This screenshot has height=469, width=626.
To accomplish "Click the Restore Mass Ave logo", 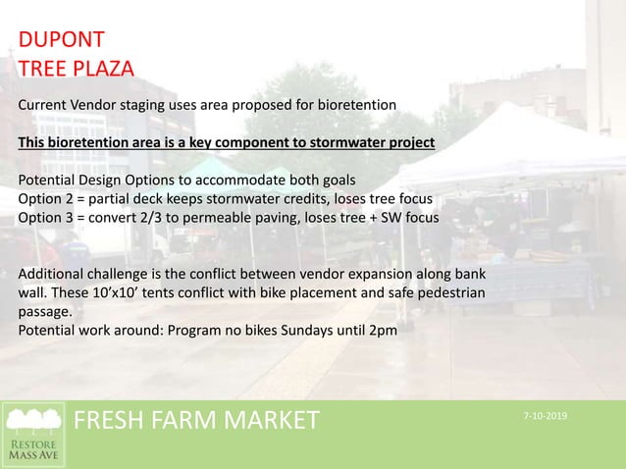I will point(34,434).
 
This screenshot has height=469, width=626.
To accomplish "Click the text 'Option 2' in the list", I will point(46,197).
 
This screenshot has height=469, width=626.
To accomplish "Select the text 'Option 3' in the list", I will point(46,216).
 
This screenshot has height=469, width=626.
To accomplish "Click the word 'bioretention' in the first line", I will point(354,104).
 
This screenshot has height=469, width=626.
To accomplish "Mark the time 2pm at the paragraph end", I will point(383,330).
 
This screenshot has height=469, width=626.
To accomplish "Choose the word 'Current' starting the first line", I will point(45,104).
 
